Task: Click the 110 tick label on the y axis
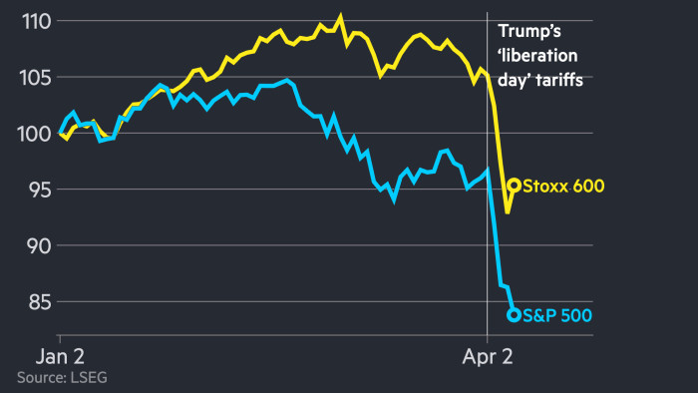tap(30, 21)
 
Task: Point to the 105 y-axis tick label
tap(30, 77)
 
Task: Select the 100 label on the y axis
tap(30, 133)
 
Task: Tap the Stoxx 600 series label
tap(563, 186)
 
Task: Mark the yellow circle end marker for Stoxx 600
tap(515, 185)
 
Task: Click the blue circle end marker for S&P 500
tap(515, 315)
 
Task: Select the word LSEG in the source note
tap(89, 377)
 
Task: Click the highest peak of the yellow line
tap(340, 17)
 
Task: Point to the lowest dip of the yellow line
tap(508, 211)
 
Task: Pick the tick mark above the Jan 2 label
tap(61, 340)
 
